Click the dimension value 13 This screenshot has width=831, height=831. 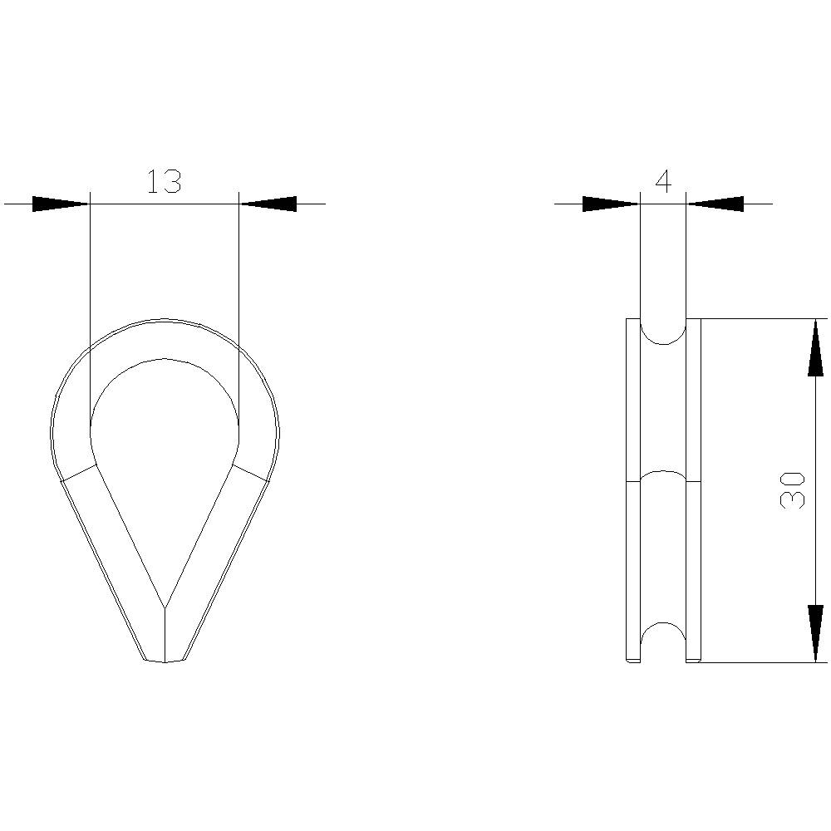[x=164, y=181]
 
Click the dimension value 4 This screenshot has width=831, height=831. [x=662, y=181]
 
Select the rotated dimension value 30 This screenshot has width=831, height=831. [x=793, y=489]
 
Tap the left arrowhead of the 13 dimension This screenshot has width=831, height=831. [x=61, y=204]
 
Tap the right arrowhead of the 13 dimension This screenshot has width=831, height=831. [x=268, y=204]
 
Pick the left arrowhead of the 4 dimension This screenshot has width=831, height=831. [x=611, y=204]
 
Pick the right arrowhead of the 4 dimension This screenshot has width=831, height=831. [x=715, y=204]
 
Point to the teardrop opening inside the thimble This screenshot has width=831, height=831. [x=165, y=449]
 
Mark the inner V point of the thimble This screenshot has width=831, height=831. [x=165, y=607]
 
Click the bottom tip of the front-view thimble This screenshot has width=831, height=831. [x=165, y=661]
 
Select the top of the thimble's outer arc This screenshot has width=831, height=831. [x=165, y=320]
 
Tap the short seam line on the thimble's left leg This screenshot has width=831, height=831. [x=79, y=473]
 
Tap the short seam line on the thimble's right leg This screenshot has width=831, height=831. [x=251, y=473]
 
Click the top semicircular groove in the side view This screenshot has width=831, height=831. [x=662, y=332]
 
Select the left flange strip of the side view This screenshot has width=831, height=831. [x=632, y=490]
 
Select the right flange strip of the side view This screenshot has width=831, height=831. [x=693, y=490]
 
